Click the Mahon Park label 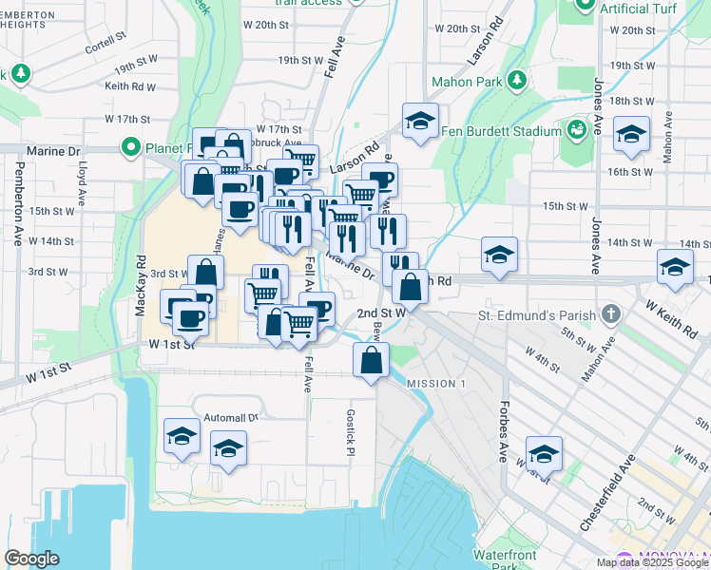click(467, 82)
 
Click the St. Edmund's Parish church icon click(611, 314)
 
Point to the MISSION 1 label click(436, 383)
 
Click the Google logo click(31, 559)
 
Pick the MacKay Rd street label click(141, 284)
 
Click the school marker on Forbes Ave click(544, 454)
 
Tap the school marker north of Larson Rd click(418, 121)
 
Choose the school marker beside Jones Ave click(630, 135)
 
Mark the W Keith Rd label click(671, 319)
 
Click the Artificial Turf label click(639, 8)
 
